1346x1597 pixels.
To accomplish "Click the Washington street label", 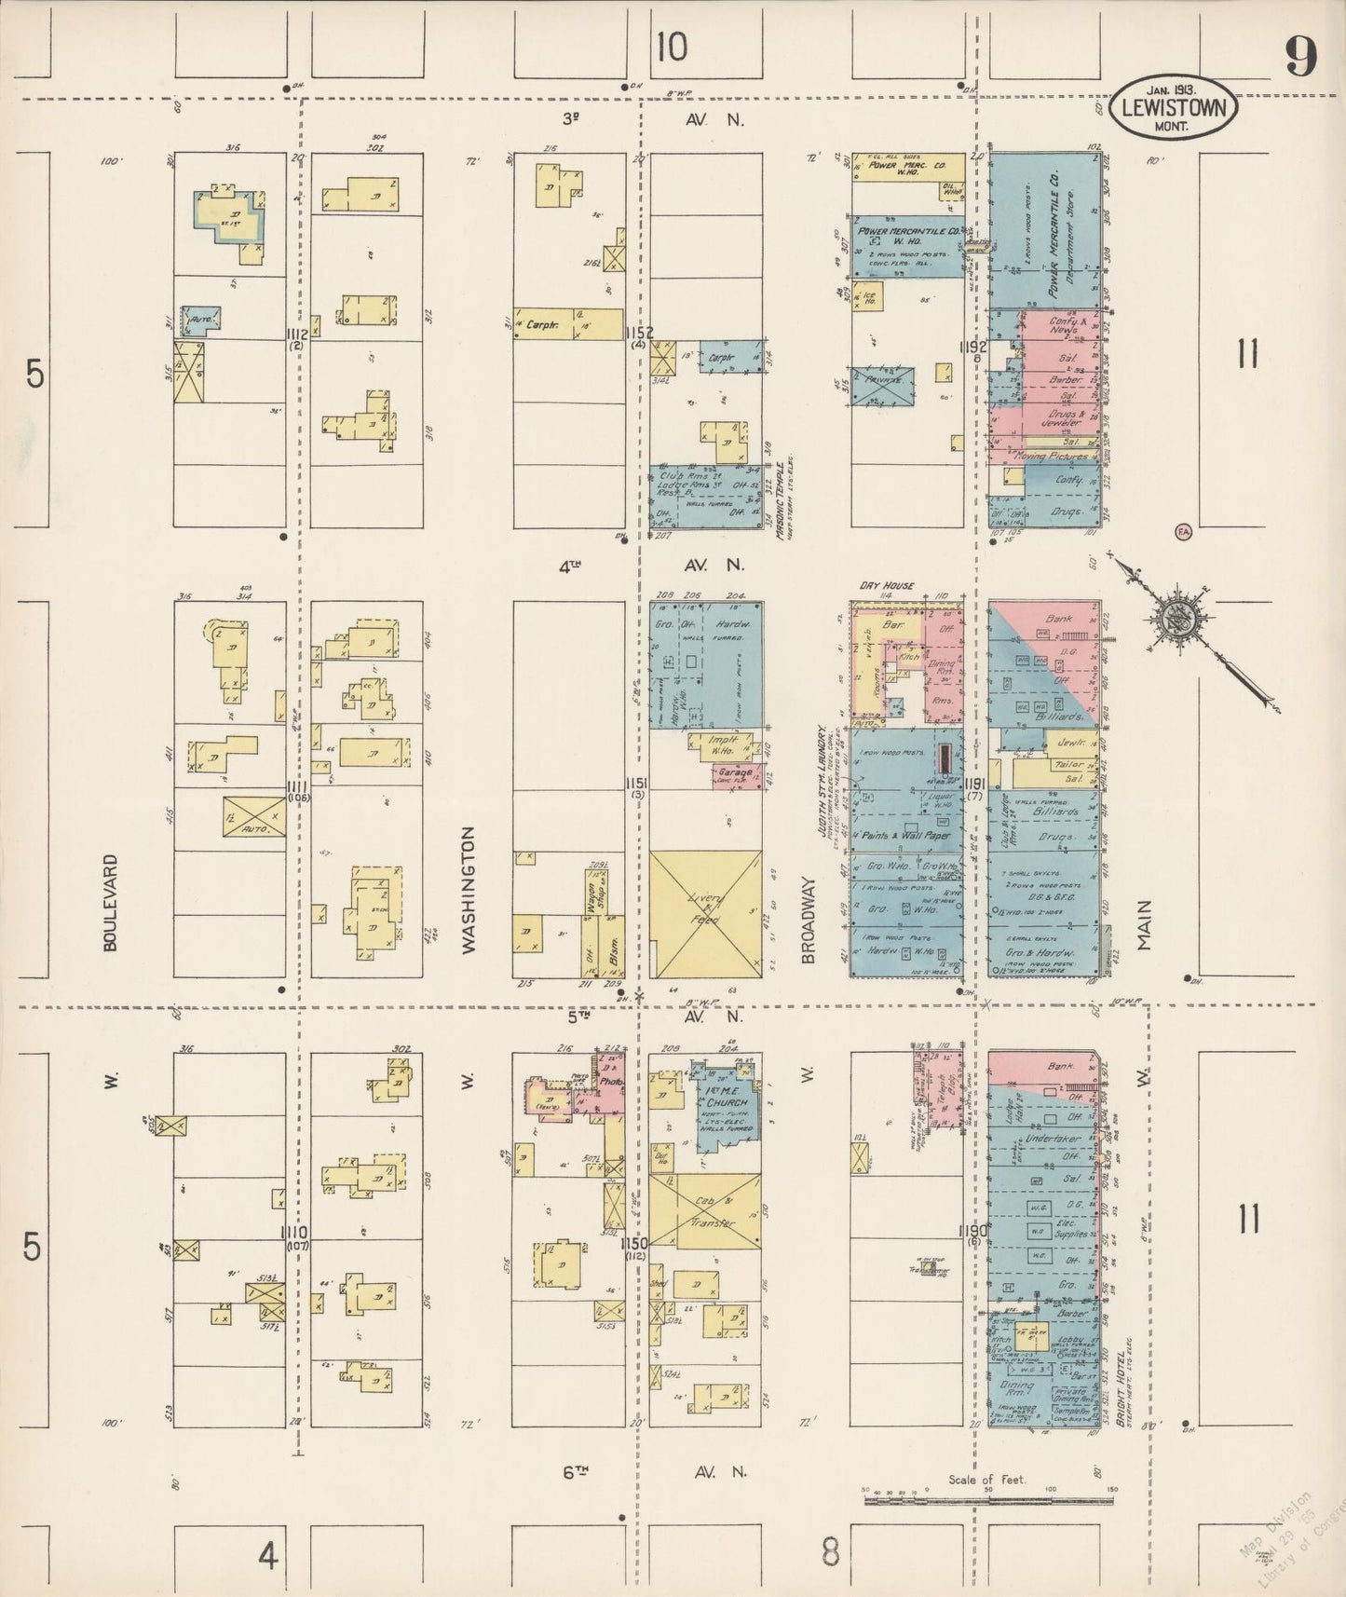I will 468,888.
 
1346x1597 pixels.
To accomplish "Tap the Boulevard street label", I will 112,902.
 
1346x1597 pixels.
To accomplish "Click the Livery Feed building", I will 705,914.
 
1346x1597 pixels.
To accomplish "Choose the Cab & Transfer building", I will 705,1209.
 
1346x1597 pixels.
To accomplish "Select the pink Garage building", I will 736,774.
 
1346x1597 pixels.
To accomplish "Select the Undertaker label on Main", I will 1054,1140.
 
